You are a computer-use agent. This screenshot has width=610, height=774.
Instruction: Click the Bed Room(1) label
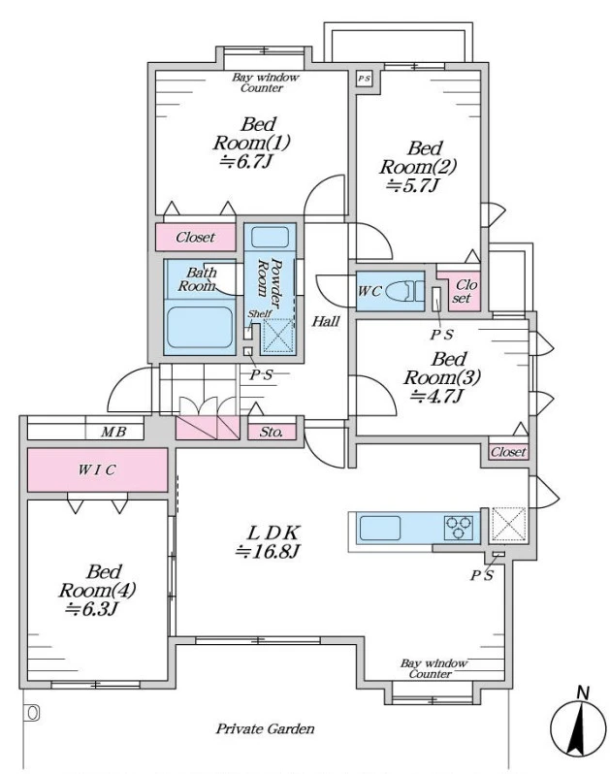click(x=251, y=133)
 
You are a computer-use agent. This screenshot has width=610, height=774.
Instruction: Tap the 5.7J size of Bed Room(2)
click(x=412, y=185)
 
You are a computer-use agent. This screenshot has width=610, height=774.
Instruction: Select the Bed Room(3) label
click(x=441, y=369)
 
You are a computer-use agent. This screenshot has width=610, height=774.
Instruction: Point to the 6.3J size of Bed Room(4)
click(x=91, y=610)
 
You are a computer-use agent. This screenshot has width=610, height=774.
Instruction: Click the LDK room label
click(x=273, y=532)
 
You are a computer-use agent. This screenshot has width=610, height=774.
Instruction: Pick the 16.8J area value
click(x=268, y=551)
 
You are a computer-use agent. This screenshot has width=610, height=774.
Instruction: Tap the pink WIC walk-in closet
click(x=97, y=469)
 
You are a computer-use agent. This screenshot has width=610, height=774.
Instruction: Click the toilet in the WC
click(x=404, y=291)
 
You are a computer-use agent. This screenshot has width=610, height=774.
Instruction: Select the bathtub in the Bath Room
click(x=200, y=327)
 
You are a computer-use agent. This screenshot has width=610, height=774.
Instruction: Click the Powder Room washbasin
click(x=270, y=237)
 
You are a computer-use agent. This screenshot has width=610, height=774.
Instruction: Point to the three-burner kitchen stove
click(x=458, y=528)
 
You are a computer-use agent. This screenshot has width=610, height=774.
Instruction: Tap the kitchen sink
click(x=380, y=528)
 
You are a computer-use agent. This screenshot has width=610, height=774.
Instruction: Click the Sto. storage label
click(x=272, y=433)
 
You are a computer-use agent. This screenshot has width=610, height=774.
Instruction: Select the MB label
click(x=113, y=432)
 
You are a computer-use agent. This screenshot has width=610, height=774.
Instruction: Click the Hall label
click(x=326, y=322)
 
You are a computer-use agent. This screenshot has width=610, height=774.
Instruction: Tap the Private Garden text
click(x=265, y=729)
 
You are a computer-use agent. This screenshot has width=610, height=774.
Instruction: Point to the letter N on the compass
click(x=584, y=693)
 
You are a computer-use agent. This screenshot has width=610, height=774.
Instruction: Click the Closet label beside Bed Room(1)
click(x=196, y=238)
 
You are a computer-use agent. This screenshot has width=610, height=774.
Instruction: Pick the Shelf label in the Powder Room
click(x=260, y=314)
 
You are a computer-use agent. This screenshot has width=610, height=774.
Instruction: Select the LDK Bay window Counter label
click(x=433, y=669)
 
